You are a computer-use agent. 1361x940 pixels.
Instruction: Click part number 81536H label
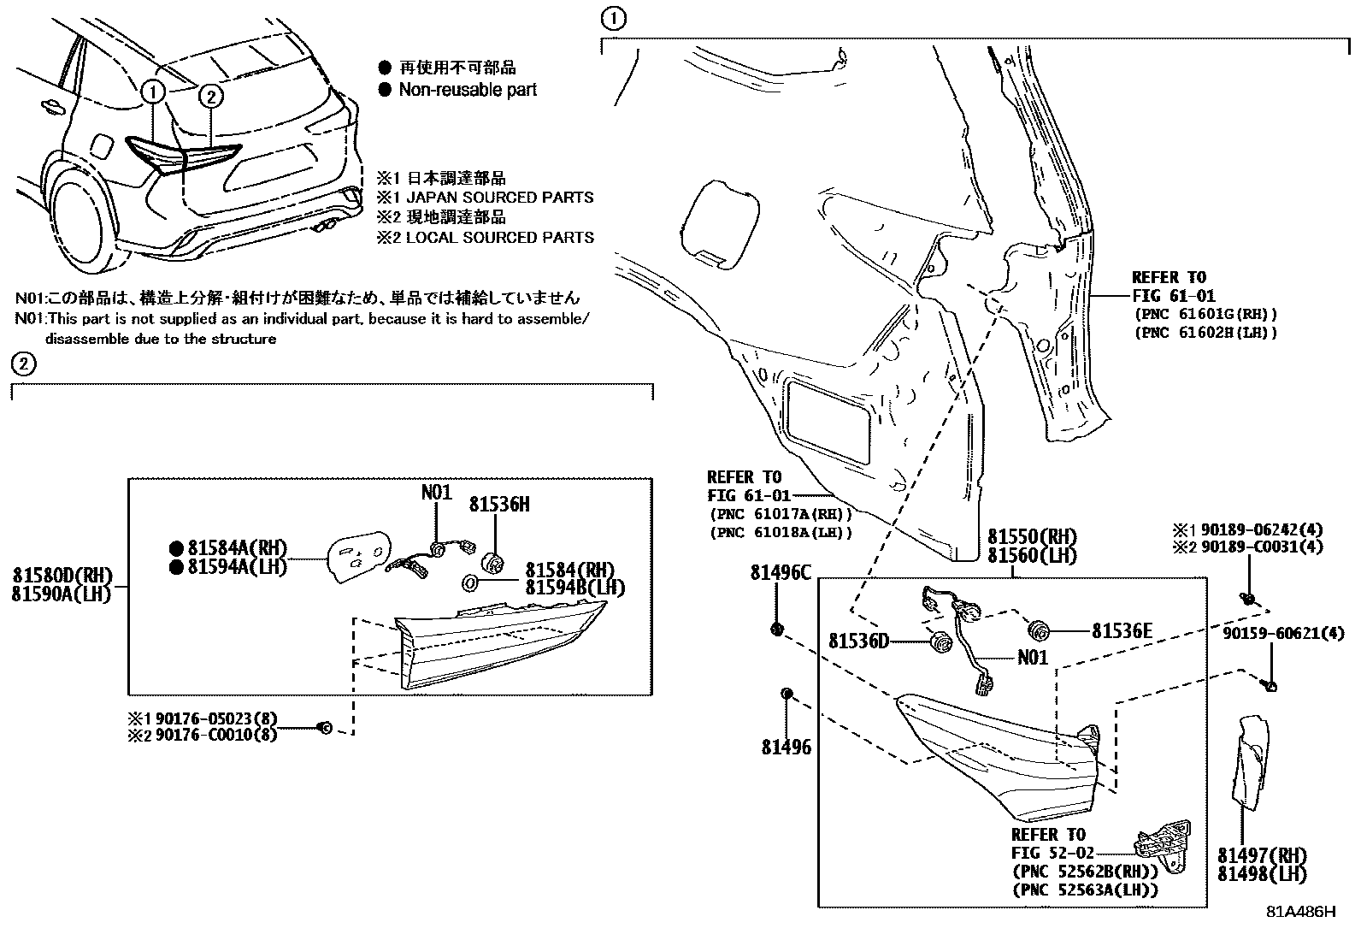498,505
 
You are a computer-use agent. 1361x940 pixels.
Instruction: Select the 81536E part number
1122,631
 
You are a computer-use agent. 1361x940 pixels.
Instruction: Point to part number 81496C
781,573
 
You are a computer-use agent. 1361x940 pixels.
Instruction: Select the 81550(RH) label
1032,537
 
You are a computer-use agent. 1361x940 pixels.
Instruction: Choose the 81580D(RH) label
62,576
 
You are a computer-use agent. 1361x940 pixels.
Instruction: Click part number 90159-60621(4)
1283,633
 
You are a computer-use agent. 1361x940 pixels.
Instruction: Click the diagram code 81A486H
1300,911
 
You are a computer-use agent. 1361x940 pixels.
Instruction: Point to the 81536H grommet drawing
493,562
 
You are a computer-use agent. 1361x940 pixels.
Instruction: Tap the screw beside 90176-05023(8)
324,727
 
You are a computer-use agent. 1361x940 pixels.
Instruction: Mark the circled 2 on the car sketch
211,97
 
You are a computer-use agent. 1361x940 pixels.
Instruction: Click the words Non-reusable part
467,90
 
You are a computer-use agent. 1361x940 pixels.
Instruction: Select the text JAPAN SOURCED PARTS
499,198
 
